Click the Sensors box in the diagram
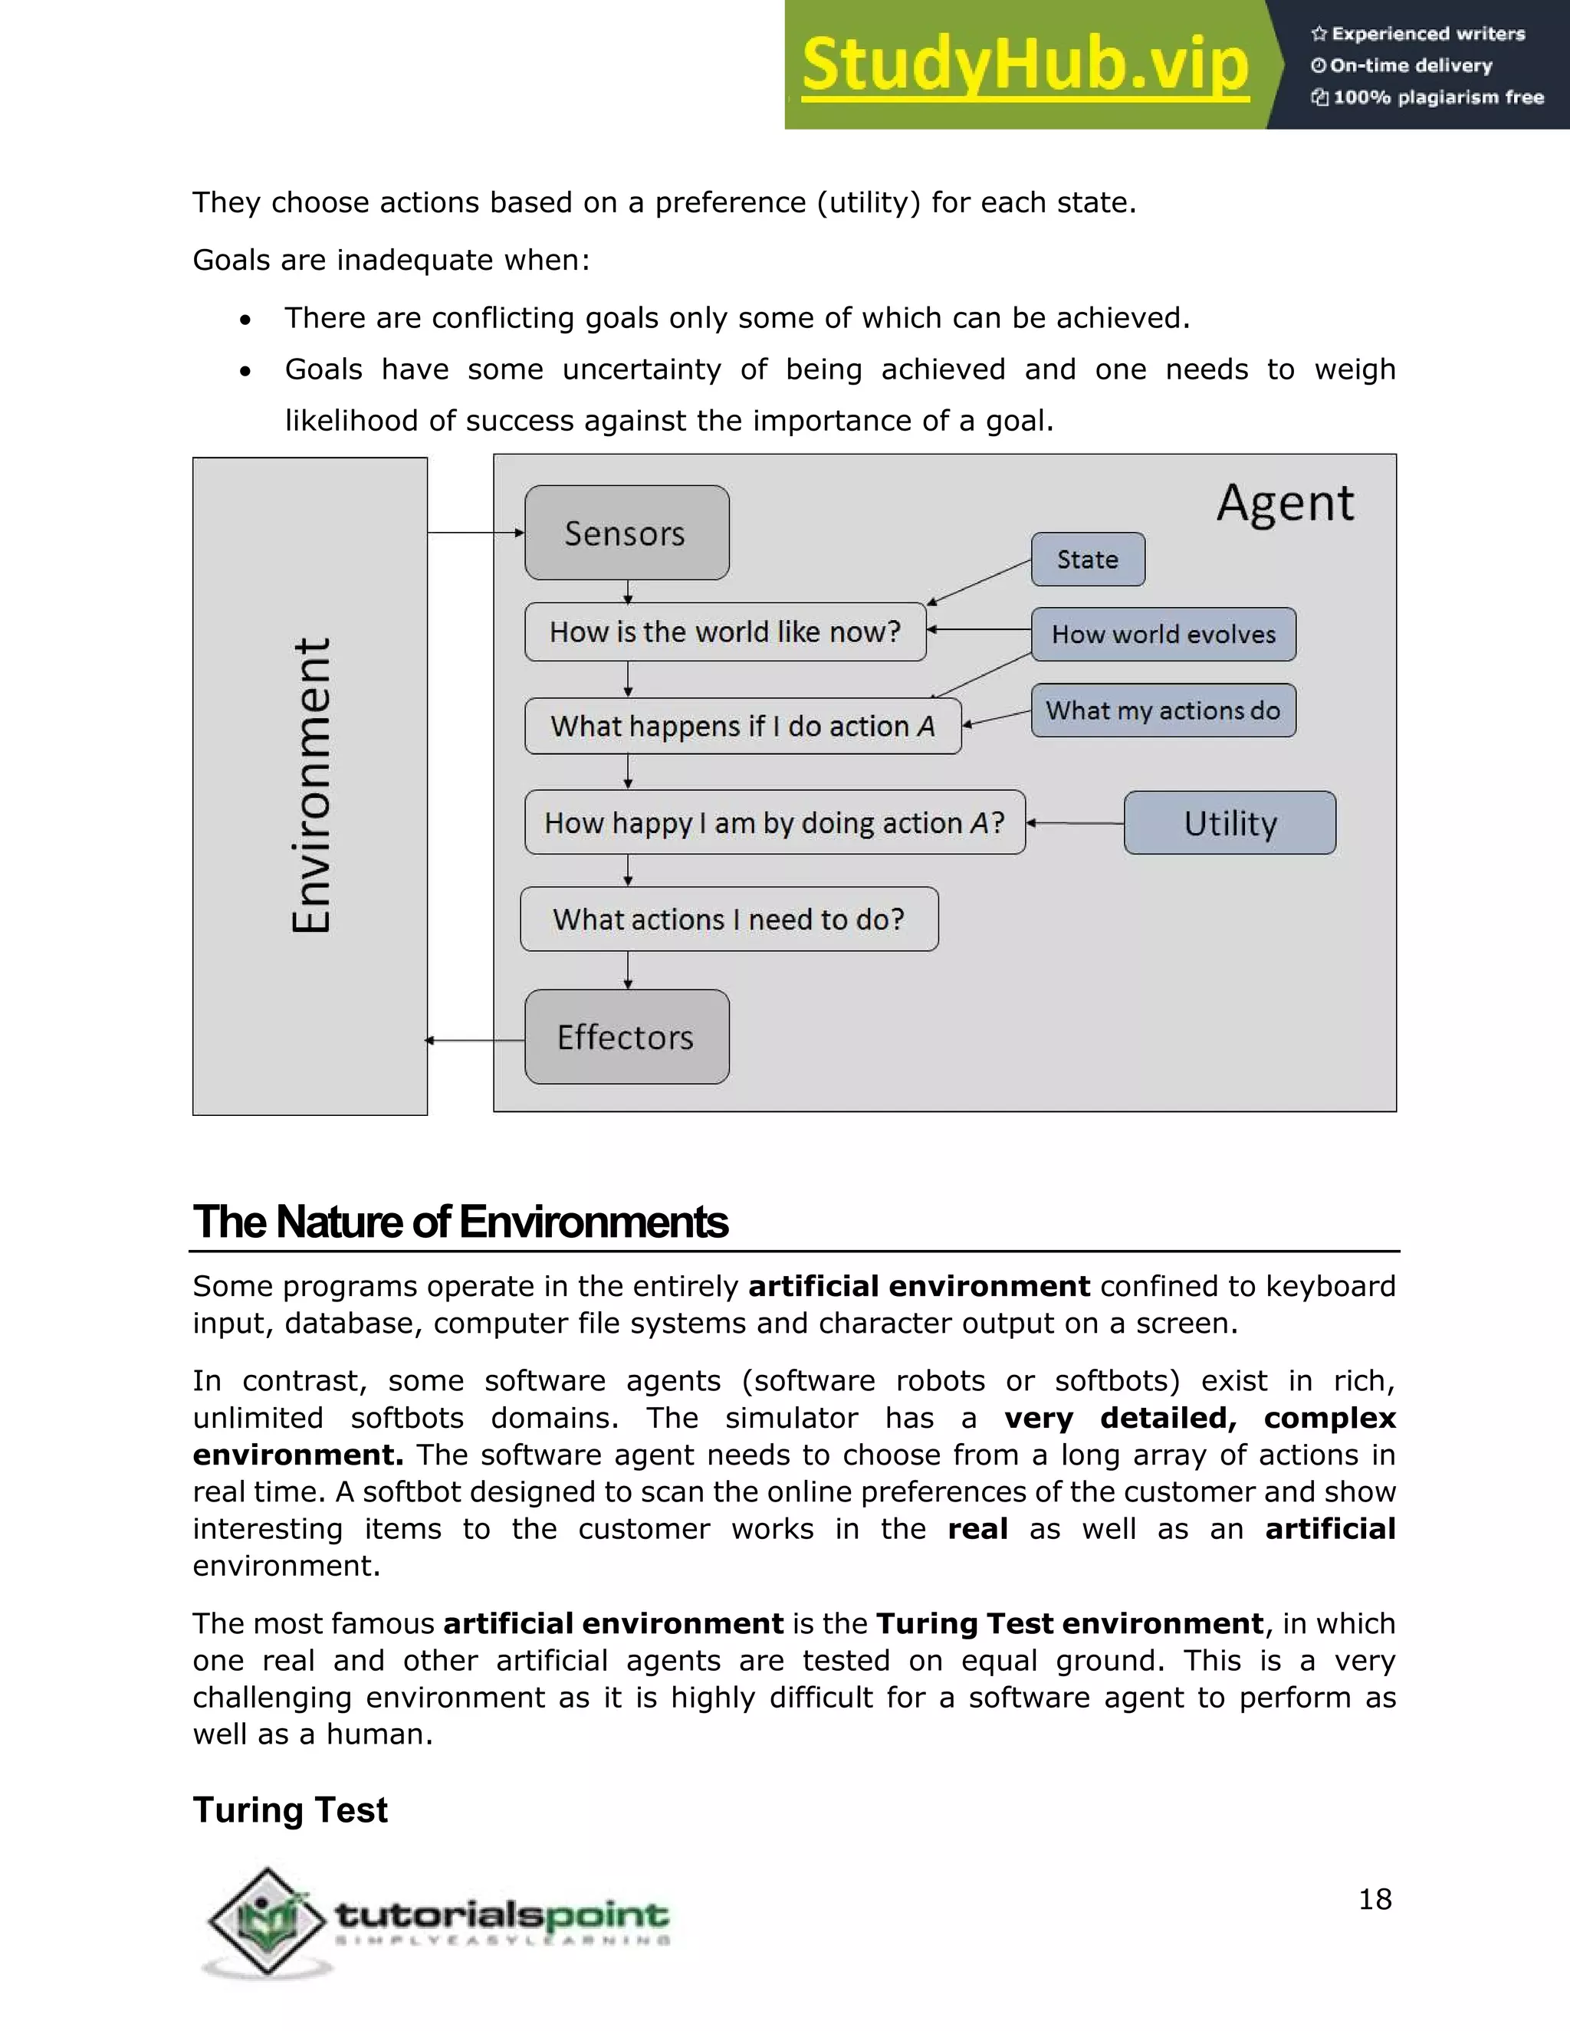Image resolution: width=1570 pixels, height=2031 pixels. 626,533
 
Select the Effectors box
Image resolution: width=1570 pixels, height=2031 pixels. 626,1037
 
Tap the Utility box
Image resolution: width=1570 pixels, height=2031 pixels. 1230,823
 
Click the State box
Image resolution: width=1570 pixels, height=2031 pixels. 1087,559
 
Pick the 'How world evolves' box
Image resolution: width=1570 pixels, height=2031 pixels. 1163,635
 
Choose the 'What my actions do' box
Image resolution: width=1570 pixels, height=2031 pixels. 1163,710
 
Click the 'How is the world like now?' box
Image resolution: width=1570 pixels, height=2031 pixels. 724,632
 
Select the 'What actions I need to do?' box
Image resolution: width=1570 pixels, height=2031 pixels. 728,919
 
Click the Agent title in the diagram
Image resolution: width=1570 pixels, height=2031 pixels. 1286,503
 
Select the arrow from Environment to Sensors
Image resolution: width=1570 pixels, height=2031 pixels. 475,533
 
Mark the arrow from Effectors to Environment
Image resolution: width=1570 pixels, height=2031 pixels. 475,1041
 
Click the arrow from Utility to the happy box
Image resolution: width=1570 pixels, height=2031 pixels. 1074,823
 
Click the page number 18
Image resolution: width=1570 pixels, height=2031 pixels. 1375,1899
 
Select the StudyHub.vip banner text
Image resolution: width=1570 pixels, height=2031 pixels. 1025,65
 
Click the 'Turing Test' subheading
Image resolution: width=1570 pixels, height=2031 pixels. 291,1810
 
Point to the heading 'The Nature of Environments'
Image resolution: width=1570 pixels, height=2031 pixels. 461,1222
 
